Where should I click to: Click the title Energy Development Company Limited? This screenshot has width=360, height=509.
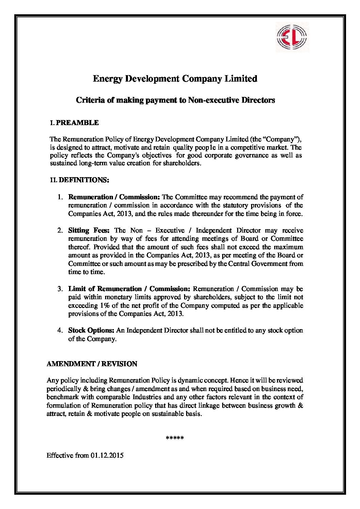coord(175,79)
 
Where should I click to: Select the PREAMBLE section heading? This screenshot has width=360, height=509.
coord(77,123)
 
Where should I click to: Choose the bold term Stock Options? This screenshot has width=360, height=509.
coord(91,330)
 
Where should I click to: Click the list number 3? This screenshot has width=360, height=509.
coord(60,289)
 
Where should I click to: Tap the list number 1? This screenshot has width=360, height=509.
coord(60,197)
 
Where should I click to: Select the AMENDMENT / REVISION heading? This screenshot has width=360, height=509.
coord(92,364)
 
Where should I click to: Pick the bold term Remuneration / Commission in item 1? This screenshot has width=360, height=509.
coord(114,197)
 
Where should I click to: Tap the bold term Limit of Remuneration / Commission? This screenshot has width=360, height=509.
coord(129,289)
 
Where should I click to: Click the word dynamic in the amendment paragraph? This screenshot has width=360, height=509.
coord(189,380)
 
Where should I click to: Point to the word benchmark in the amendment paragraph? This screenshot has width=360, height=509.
coord(61,397)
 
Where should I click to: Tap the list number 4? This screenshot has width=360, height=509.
coord(60,330)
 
